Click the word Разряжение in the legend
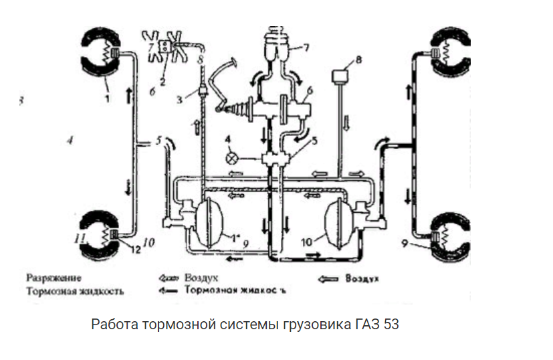click(54, 277)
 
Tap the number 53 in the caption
click(391, 325)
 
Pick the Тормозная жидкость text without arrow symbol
click(75, 292)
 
